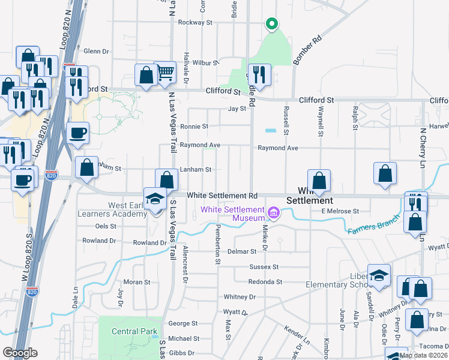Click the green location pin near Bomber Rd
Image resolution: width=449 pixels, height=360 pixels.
coord(271,24)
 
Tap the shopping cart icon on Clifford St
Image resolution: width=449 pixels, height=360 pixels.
coord(164,73)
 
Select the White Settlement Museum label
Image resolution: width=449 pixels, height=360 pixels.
coord(233,209)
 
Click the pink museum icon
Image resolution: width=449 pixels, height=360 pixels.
coord(274,212)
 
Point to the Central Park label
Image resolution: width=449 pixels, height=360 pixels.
coord(134,331)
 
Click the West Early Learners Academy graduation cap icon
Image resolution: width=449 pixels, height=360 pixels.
coord(155,199)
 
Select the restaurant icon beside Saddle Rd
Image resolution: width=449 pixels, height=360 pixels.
coord(259,74)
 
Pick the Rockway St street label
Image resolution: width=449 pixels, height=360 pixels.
coord(196,23)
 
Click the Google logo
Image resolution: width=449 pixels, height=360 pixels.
coord(20,353)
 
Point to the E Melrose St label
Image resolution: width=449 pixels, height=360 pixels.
coord(340,211)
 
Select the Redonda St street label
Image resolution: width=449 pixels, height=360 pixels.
coord(266,281)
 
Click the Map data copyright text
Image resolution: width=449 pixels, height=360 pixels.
coord(424,355)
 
